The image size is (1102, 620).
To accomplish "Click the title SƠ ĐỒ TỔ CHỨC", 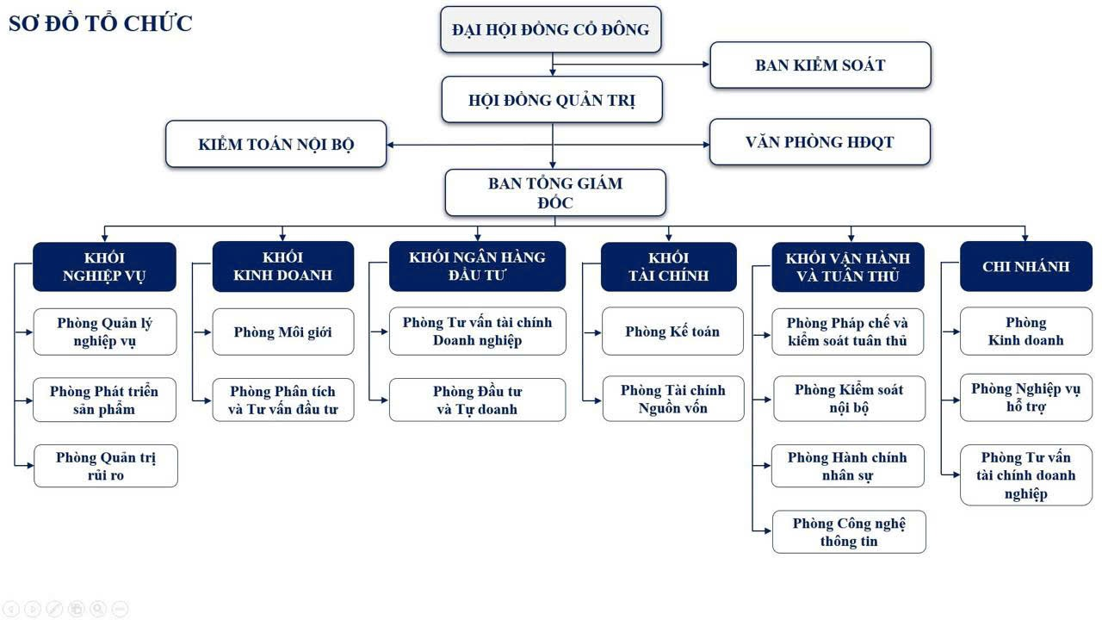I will pyautogui.click(x=100, y=23).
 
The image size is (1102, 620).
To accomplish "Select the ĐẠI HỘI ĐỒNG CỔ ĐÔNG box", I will pyautogui.click(x=551, y=30).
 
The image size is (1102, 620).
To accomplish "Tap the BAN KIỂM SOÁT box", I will pyautogui.click(x=820, y=65).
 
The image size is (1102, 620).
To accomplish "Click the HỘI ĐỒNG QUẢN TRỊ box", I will pyautogui.click(x=551, y=100).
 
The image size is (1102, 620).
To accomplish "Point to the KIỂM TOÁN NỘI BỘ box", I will pyautogui.click(x=275, y=144).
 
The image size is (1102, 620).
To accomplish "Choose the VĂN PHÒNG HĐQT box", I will pyautogui.click(x=820, y=142).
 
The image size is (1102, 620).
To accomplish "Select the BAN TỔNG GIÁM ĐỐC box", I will pyautogui.click(x=554, y=192).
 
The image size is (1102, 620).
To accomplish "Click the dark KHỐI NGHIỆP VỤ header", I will pyautogui.click(x=104, y=267).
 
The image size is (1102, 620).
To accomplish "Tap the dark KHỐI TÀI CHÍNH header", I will pyautogui.click(x=668, y=267).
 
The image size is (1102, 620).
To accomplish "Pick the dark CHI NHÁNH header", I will pyautogui.click(x=1025, y=267).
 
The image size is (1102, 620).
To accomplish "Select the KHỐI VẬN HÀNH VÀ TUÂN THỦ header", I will pyautogui.click(x=847, y=267).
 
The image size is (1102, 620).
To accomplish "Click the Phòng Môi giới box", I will pyautogui.click(x=282, y=332).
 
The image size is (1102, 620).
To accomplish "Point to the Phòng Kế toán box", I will pyautogui.click(x=672, y=332).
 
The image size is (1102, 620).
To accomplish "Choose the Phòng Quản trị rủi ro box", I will pyautogui.click(x=105, y=466).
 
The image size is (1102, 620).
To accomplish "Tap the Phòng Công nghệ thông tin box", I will pyautogui.click(x=849, y=532).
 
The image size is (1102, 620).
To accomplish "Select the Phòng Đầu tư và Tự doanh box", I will pyautogui.click(x=477, y=400).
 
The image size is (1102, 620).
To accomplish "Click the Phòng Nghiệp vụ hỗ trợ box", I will pyautogui.click(x=1025, y=398).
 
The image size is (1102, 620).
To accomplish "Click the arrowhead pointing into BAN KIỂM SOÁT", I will pyautogui.click(x=704, y=65).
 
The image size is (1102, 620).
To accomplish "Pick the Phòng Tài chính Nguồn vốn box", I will pyautogui.click(x=672, y=399).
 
